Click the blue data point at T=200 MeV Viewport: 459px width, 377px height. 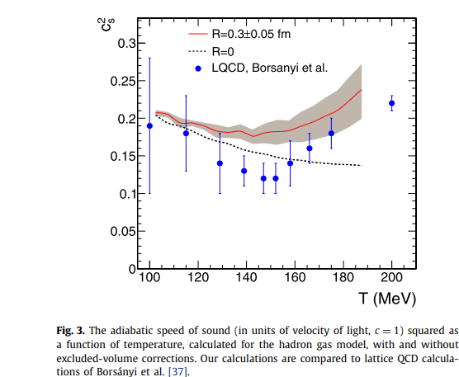pos(391,103)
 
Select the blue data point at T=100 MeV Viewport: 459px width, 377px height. pos(149,125)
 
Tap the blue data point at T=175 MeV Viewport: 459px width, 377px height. pos(331,134)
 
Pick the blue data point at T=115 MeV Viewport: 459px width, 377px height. pos(186,134)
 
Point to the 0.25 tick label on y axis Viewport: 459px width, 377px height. pos(123,82)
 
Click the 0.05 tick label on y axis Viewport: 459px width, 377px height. pos(123,232)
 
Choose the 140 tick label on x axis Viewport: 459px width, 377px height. pos(247,277)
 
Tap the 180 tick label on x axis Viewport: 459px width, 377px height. pos(343,277)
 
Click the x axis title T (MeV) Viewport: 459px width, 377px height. pos(387,299)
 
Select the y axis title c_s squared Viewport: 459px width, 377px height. pos(106,24)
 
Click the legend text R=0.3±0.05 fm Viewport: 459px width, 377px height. pos(251,34)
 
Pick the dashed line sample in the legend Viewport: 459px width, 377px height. pos(197,52)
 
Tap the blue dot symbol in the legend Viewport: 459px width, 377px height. pos(198,68)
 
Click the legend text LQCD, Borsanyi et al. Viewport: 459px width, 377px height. pos(270,68)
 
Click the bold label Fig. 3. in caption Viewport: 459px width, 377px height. pos(70,331)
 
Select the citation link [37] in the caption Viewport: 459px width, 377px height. pos(177,372)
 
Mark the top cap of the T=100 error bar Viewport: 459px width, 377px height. pos(149,59)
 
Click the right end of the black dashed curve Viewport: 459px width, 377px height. pos(362,166)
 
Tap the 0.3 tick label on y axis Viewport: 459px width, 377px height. pos(127,44)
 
